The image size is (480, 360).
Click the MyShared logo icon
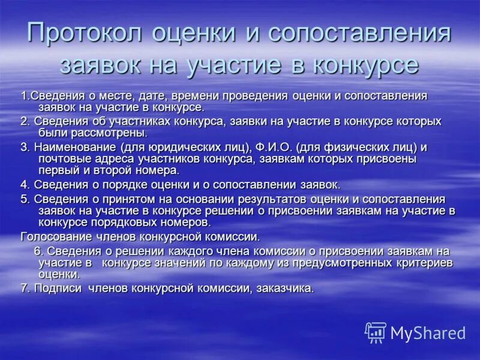(x=376, y=332)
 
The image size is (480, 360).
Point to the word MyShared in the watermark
(x=428, y=333)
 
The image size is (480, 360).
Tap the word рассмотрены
(x=113, y=133)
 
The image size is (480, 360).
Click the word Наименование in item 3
(x=76, y=147)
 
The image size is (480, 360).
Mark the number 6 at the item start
(x=37, y=251)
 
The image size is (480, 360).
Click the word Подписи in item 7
(x=59, y=288)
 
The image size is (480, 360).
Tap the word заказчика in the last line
(x=285, y=288)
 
